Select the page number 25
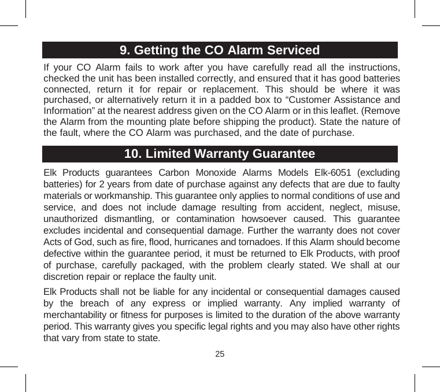220,353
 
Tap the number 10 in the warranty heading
133,154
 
